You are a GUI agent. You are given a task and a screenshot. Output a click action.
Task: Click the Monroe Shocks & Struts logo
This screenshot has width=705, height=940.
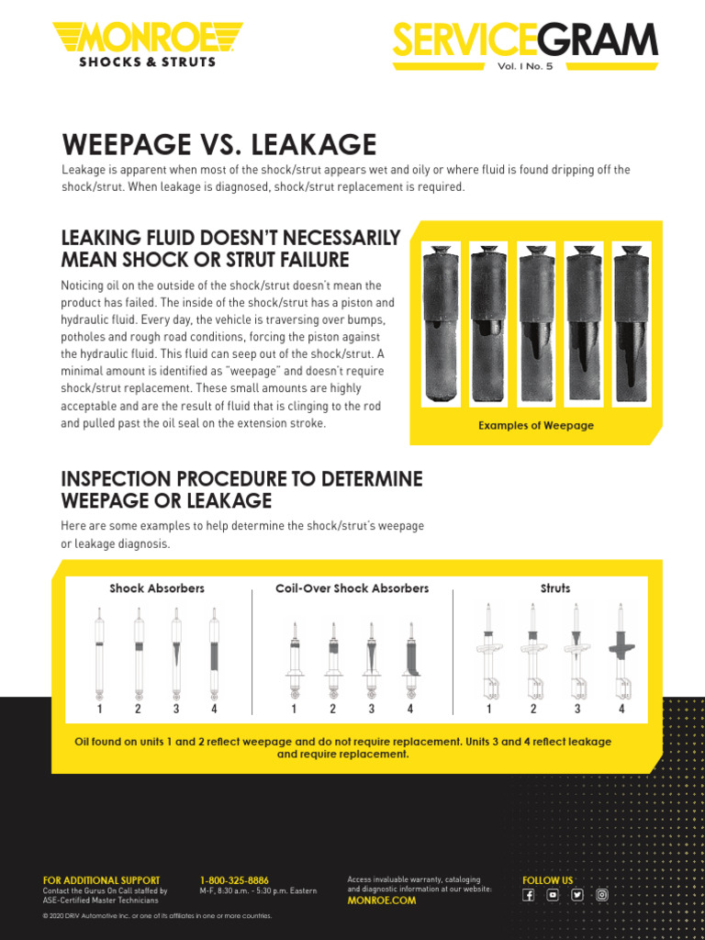click(147, 45)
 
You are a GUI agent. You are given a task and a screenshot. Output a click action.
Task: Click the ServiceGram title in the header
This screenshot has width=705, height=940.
click(525, 41)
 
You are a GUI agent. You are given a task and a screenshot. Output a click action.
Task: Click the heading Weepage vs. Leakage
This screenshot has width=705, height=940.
click(218, 144)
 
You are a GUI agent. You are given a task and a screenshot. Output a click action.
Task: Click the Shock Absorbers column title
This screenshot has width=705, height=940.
click(157, 588)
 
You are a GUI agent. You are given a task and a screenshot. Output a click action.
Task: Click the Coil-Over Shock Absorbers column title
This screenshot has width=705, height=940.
click(352, 588)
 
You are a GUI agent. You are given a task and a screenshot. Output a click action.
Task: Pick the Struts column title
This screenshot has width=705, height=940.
click(555, 588)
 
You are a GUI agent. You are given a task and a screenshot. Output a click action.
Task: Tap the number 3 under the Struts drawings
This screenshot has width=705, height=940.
click(577, 709)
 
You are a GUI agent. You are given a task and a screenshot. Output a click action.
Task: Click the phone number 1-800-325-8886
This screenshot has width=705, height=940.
click(234, 880)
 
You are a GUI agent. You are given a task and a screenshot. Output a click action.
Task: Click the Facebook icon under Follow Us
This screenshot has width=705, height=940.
click(529, 896)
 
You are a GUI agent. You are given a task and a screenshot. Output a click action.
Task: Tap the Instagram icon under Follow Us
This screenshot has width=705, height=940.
click(602, 896)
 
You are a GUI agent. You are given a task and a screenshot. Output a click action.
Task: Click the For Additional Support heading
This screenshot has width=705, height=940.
click(101, 880)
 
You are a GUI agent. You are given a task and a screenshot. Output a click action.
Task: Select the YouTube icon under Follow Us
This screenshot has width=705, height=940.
click(553, 896)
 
